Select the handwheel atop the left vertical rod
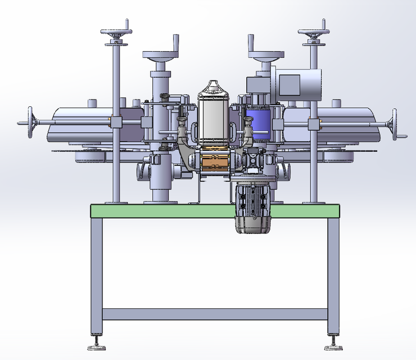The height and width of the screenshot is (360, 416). [117, 33]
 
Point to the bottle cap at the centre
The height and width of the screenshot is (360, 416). [213, 87]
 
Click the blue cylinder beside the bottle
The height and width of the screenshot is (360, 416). [257, 123]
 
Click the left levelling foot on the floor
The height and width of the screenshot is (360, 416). [96, 344]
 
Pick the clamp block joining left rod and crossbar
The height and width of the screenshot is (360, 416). [117, 123]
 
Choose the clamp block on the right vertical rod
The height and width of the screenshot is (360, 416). [313, 123]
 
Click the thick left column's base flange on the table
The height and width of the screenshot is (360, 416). [161, 198]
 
